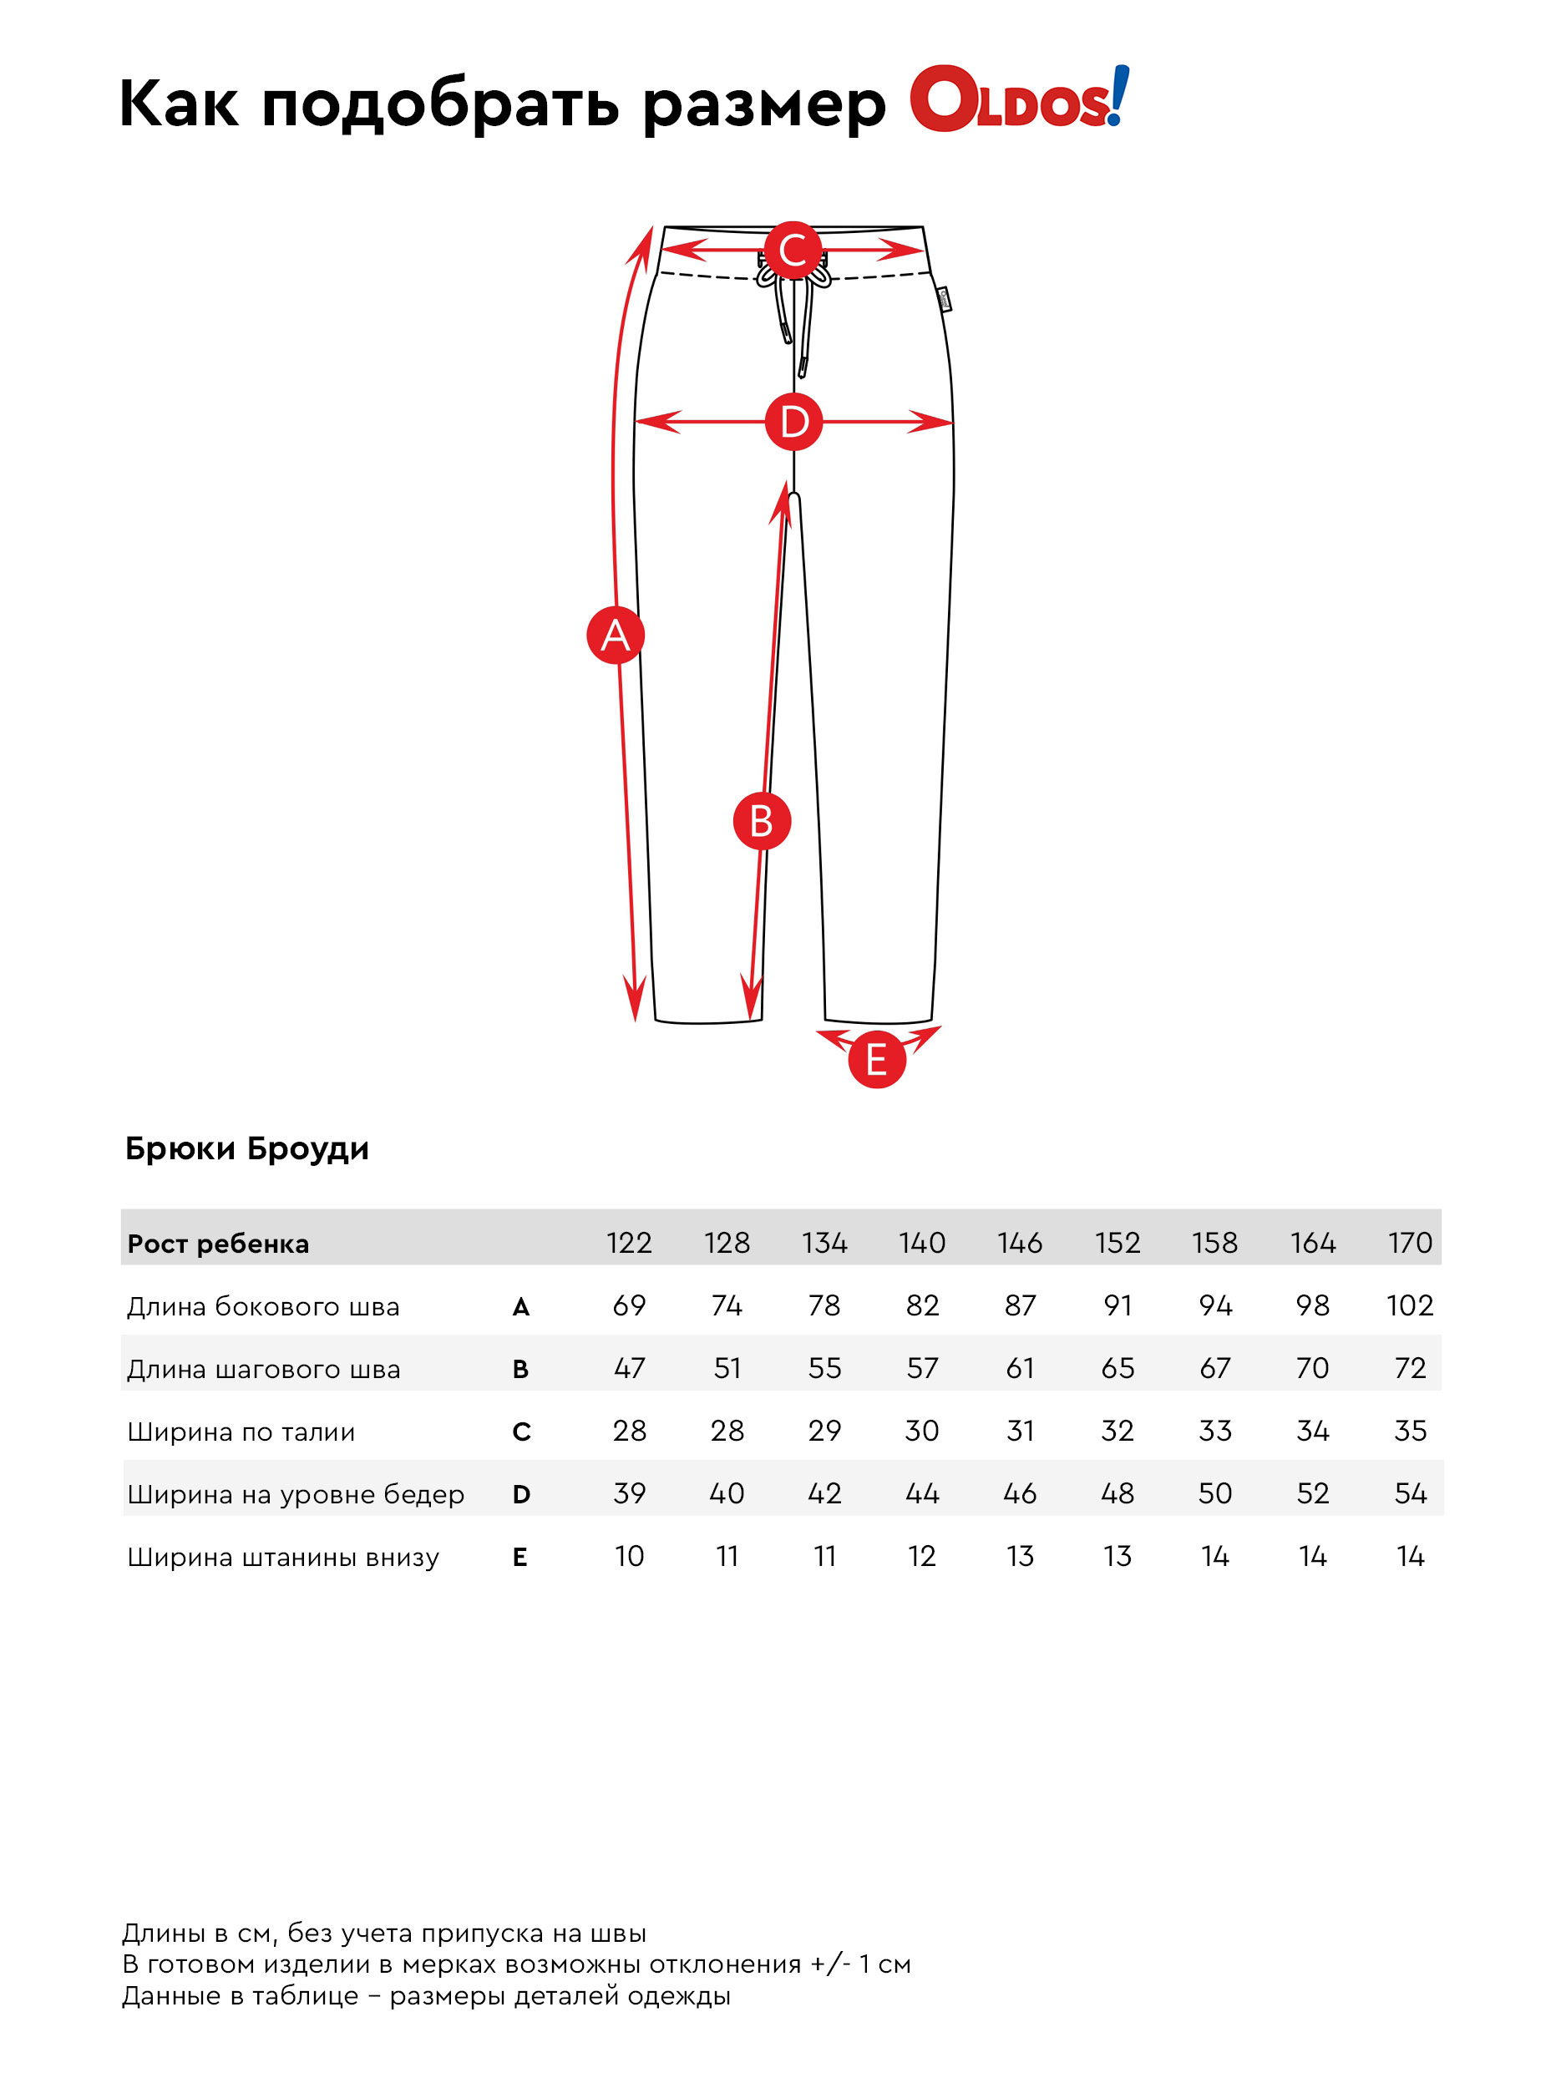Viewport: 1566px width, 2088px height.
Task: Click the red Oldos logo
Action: (x=1018, y=99)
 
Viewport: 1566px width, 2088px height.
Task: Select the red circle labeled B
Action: (x=762, y=820)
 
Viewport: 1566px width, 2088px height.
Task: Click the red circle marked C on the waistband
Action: (x=793, y=251)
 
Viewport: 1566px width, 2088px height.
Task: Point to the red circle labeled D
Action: (x=793, y=421)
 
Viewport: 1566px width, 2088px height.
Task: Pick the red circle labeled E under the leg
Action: (x=877, y=1059)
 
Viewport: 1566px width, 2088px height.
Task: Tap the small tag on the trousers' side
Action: (x=944, y=299)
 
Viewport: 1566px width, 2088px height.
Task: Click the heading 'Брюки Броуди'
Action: (x=246, y=1148)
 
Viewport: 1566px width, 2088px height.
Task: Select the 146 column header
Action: (x=1020, y=1242)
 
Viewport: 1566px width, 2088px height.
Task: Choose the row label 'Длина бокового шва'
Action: (x=263, y=1306)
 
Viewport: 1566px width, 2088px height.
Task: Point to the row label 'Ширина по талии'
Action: (x=241, y=1432)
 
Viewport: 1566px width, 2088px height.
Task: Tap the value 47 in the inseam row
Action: (x=630, y=1368)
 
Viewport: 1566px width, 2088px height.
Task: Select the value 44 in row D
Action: (x=922, y=1493)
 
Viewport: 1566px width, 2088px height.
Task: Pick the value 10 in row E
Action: (x=630, y=1556)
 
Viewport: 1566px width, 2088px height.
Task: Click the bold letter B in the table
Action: (x=520, y=1369)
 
